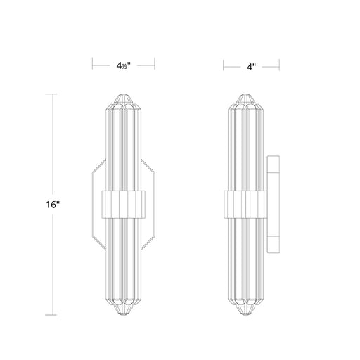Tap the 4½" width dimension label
[123, 65]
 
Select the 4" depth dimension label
[251, 67]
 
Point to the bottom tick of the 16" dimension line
[51, 315]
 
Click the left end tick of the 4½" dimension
[93, 63]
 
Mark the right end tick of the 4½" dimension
[155, 63]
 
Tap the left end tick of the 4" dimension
[224, 65]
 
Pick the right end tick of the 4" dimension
[279, 65]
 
